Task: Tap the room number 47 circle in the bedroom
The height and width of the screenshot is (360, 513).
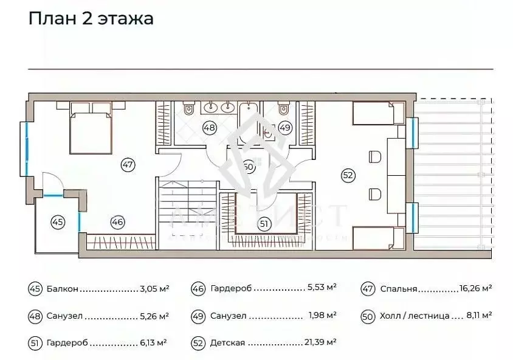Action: [x=127, y=164]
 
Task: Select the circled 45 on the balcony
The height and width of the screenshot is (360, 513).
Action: [x=57, y=222]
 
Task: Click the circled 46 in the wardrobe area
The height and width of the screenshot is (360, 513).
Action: [x=117, y=222]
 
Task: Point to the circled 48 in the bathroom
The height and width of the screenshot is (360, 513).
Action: [x=210, y=128]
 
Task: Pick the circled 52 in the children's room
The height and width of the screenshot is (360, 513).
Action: [x=348, y=175]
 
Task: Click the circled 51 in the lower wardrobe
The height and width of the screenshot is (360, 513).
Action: [x=264, y=224]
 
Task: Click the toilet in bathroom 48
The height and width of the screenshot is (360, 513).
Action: [x=188, y=111]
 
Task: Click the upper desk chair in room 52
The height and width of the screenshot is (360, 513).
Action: [x=374, y=157]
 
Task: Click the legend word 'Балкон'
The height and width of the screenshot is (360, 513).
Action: [x=62, y=289]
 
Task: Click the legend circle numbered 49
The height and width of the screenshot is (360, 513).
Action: [x=198, y=316]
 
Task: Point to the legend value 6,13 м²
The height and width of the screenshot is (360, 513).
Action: [x=152, y=343]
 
